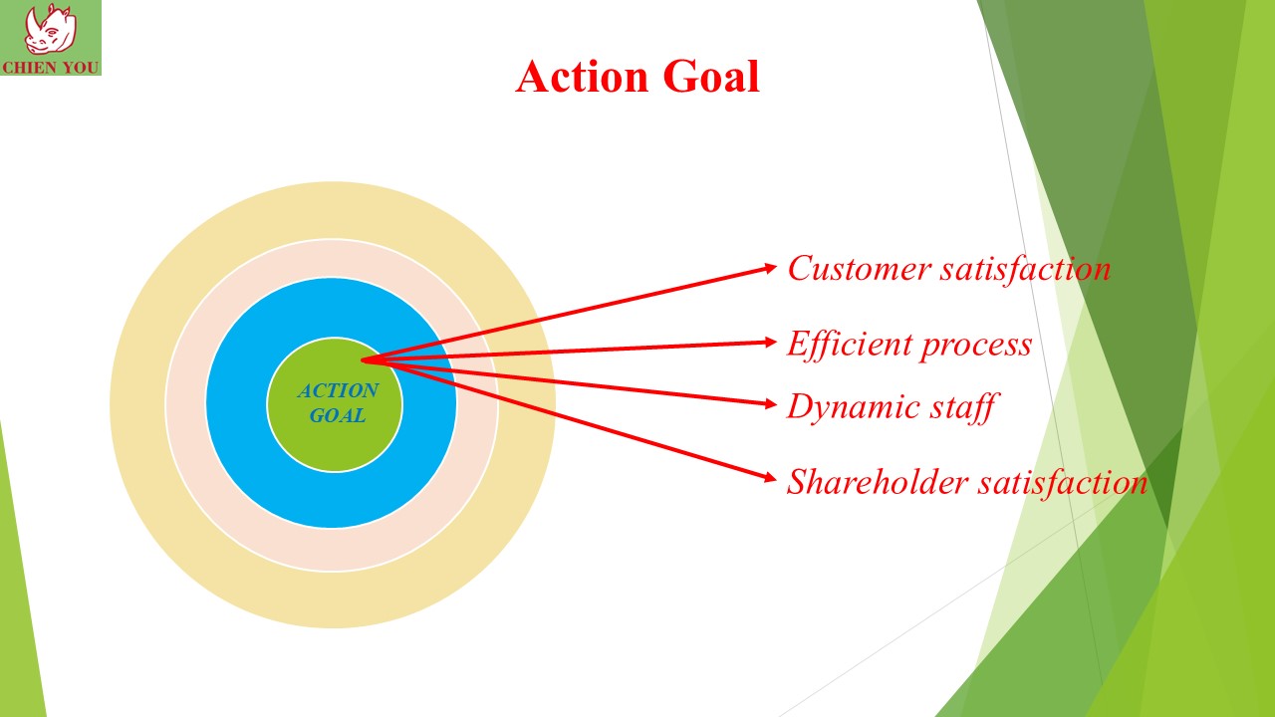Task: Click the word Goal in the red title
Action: click(711, 77)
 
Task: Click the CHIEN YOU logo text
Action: click(51, 67)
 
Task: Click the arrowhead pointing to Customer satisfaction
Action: click(770, 268)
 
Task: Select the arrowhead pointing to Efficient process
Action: click(770, 342)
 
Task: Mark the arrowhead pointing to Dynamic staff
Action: click(770, 404)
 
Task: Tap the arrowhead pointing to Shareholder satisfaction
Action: click(770, 477)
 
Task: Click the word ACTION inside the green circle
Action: click(338, 391)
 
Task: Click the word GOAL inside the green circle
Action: click(338, 416)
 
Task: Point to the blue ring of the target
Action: click(238, 403)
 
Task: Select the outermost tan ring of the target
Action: click(137, 404)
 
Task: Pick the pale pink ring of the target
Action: click(186, 404)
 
